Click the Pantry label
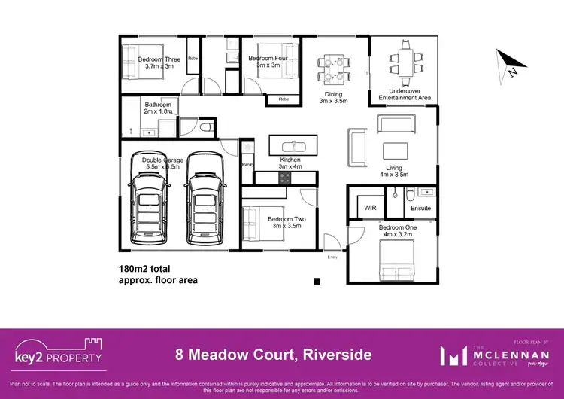pos(247,163)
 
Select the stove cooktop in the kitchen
pos(285,178)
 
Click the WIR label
pos(370,208)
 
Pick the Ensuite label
pos(421,209)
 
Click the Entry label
pos(332,257)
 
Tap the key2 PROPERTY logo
pos(59,352)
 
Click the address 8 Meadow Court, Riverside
pos(273,353)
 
